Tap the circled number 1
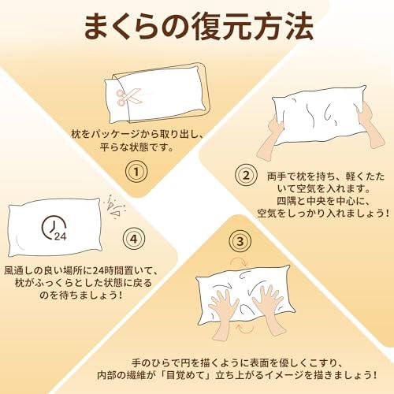tap(139, 172)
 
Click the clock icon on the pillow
tap(54, 229)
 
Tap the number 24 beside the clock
tap(61, 236)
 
